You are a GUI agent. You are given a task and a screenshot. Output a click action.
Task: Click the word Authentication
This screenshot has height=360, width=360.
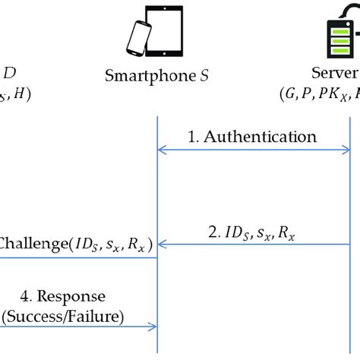(x=263, y=137)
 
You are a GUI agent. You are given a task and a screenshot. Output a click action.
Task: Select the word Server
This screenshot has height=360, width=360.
(x=334, y=74)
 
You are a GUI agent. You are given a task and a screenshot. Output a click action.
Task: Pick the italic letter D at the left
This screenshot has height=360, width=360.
(x=10, y=74)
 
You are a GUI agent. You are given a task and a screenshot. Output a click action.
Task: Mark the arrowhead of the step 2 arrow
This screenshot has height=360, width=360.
(x=161, y=245)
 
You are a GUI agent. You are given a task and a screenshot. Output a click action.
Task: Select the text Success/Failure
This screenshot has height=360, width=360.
(x=64, y=314)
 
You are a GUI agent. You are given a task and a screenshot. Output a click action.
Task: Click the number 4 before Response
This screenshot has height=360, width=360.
(x=34, y=296)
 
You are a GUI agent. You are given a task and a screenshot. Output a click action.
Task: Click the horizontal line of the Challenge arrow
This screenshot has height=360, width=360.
(x=76, y=257)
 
